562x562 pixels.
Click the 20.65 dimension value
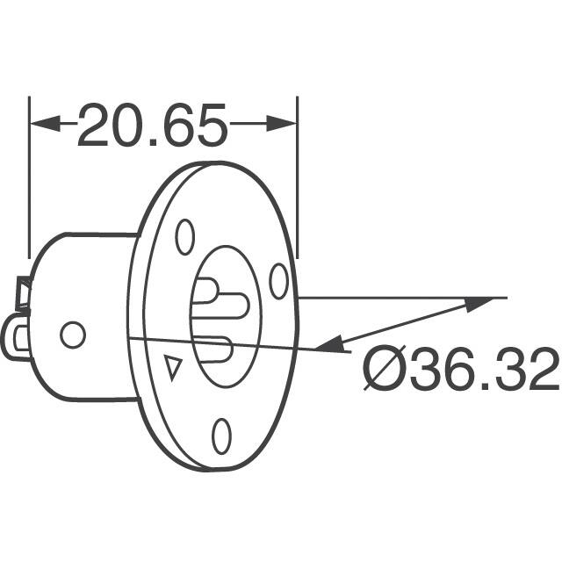[x=153, y=126]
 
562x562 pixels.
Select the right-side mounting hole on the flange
[x=278, y=281]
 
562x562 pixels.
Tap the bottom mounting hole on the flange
[x=222, y=435]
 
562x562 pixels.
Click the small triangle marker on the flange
[x=174, y=366]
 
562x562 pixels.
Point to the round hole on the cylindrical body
[x=72, y=334]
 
